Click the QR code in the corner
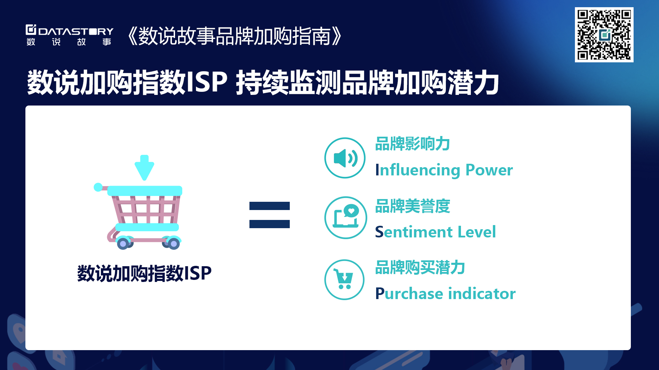[x=604, y=35]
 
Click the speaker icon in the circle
[x=345, y=158]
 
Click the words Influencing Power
[x=444, y=170]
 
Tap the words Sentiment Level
[x=435, y=232]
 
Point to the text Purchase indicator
[x=445, y=294]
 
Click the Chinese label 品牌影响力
[x=413, y=144]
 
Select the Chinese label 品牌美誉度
[x=413, y=206]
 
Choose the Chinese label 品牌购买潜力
[x=420, y=267]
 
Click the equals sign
[x=269, y=215]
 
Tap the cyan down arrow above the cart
[x=144, y=168]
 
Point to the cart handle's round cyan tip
[x=98, y=187]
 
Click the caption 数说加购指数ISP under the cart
[x=144, y=273]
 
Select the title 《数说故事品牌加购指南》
[x=234, y=36]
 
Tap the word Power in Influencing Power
[x=489, y=170]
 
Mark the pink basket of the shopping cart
[x=146, y=209]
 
